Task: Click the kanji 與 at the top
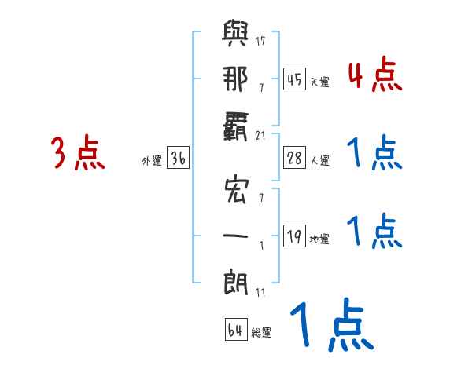[235, 35]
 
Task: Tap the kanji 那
[235, 82]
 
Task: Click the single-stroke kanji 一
[235, 234]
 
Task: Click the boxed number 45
[293, 79]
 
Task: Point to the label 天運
[319, 82]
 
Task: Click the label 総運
[261, 333]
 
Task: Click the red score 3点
[78, 153]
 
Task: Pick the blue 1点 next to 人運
[374, 153]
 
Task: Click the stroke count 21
[263, 135]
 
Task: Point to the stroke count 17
[263, 40]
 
